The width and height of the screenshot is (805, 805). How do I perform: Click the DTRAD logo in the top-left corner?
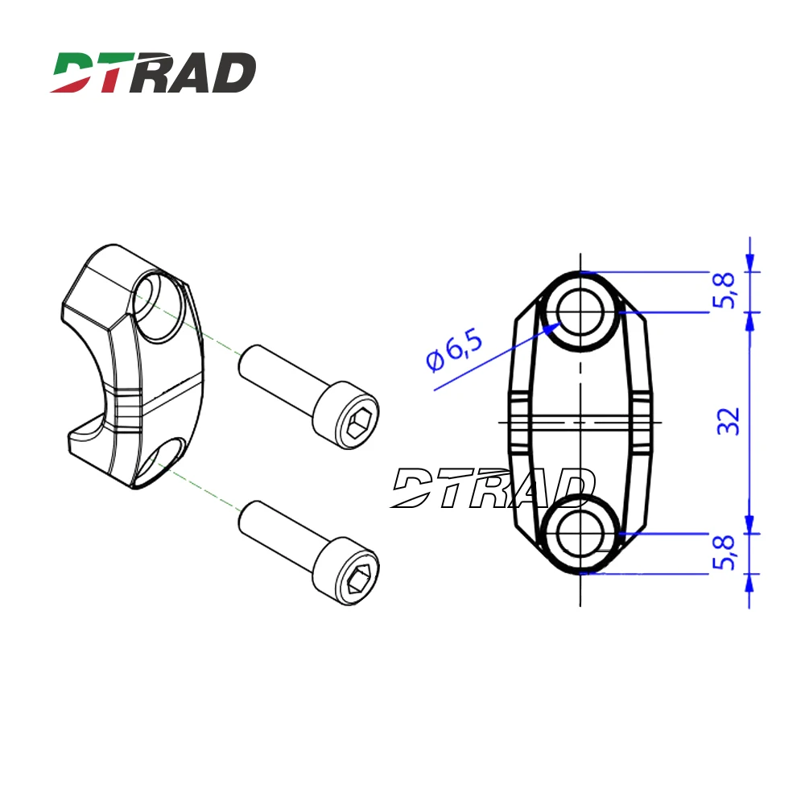[153, 72]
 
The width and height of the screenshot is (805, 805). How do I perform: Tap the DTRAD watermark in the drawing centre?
[491, 488]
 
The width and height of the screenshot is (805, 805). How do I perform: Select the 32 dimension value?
[728, 422]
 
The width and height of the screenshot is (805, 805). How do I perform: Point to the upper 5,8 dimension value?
[726, 291]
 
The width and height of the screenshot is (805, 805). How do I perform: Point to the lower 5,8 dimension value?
[726, 552]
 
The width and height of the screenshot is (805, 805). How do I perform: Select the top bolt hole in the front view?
[580, 312]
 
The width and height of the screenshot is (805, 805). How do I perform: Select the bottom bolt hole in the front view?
[580, 533]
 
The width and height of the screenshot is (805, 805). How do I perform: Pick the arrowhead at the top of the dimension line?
[749, 262]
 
